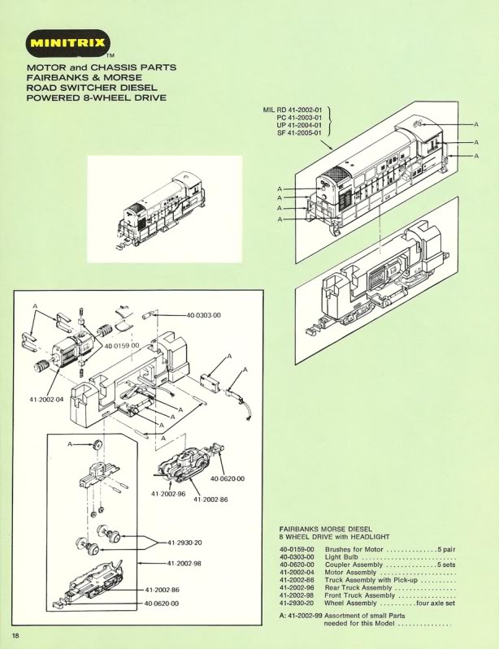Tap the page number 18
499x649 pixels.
[x=15, y=634]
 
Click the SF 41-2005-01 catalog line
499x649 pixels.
[x=300, y=133]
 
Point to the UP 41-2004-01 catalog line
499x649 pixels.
[x=300, y=125]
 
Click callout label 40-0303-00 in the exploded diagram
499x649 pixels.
[x=204, y=314]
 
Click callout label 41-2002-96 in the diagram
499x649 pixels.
[x=168, y=493]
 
